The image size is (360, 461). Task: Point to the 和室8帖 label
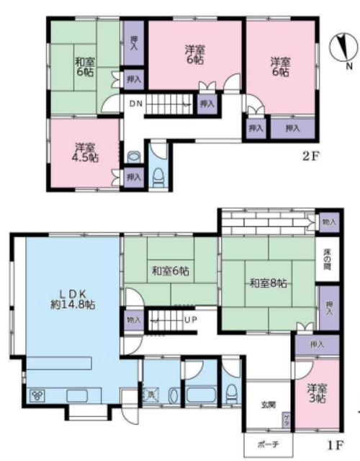click(x=269, y=283)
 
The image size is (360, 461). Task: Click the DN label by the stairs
click(x=135, y=103)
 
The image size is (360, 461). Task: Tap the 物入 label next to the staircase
click(x=134, y=320)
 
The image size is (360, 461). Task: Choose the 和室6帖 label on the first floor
click(x=170, y=272)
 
